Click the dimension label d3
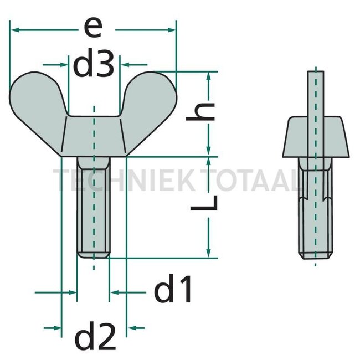click(94, 64)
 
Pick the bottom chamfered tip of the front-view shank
click(94, 255)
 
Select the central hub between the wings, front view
click(94, 136)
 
